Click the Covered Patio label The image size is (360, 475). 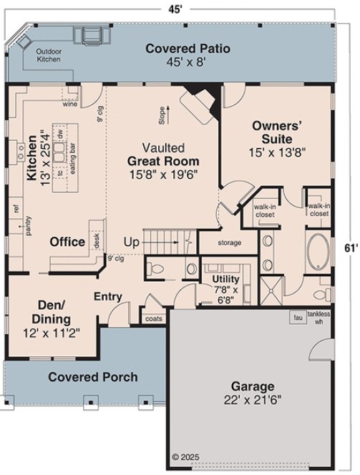[188, 49]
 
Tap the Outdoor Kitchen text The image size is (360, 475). [49, 55]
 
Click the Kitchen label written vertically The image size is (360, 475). [31, 159]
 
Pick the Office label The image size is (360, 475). [68, 242]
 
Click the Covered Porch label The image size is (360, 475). [92, 377]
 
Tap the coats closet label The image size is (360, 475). [153, 318]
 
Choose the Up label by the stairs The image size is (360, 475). [131, 241]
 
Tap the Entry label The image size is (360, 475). [107, 296]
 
